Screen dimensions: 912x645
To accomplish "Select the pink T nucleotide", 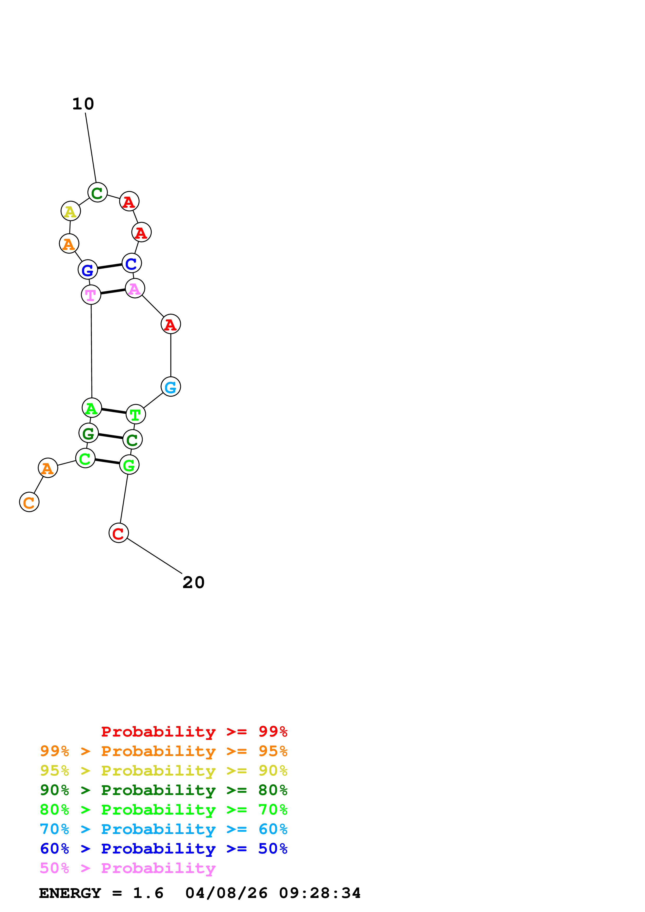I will click(x=91, y=295).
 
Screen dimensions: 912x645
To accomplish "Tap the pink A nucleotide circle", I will click(x=135, y=288).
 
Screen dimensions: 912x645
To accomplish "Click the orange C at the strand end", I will click(x=29, y=502).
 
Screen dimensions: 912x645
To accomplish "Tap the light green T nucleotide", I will click(x=136, y=414).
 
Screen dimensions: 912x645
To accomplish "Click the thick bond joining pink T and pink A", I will click(x=113, y=291).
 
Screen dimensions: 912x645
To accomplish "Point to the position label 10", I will click(x=83, y=104).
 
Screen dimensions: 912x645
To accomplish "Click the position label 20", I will click(x=194, y=582).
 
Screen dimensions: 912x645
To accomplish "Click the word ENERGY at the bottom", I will click(x=70, y=893).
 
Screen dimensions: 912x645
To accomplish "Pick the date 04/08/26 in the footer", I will click(x=226, y=893).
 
